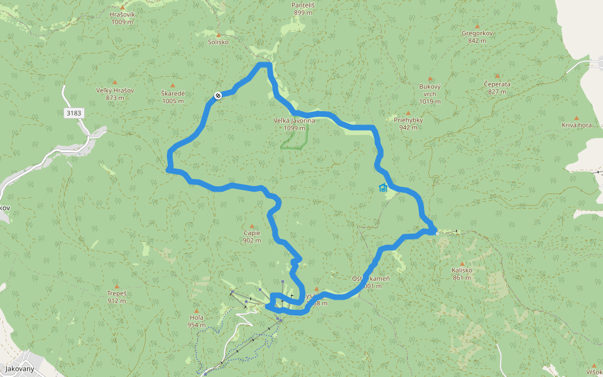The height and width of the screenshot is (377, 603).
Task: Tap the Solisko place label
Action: tap(218, 42)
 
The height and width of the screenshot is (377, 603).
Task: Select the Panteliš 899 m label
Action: tap(303, 9)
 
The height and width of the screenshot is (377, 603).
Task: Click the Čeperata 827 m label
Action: tap(497, 87)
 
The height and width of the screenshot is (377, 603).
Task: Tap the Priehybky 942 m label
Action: tap(408, 123)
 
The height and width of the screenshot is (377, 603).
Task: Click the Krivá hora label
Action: tap(577, 125)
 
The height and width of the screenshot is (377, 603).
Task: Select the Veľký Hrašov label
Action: tap(114, 94)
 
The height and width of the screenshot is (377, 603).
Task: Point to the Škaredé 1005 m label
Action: tap(173, 97)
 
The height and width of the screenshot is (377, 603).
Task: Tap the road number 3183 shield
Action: tap(73, 113)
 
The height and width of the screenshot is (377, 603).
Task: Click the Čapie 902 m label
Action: tap(252, 236)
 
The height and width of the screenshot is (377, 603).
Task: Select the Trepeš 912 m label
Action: tap(116, 297)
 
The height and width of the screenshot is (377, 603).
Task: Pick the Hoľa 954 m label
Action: tap(197, 321)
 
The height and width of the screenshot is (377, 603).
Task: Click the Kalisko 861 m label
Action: tap(462, 273)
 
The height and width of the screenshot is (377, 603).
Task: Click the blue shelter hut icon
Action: tap(383, 187)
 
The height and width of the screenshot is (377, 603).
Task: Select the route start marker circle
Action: tap(217, 95)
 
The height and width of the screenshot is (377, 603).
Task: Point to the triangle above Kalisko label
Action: tap(462, 263)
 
